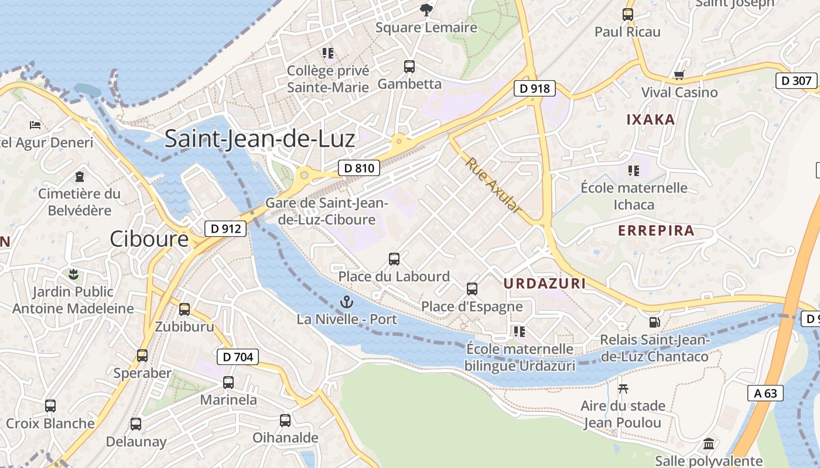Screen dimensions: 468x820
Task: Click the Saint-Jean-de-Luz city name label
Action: click(259, 139)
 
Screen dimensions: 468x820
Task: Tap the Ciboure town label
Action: click(149, 239)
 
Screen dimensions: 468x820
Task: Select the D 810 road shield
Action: click(359, 168)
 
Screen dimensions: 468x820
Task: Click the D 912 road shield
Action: click(225, 228)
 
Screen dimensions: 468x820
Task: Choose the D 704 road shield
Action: click(237, 356)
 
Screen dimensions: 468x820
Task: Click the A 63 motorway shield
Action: click(766, 393)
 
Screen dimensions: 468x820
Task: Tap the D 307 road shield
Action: click(797, 80)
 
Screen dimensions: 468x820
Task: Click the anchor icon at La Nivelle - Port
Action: click(347, 302)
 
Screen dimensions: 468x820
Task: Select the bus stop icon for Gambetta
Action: click(409, 67)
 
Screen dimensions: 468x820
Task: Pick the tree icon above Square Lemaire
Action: click(426, 9)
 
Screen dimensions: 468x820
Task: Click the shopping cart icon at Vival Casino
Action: click(679, 75)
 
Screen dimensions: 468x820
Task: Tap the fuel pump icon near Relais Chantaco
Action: click(654, 322)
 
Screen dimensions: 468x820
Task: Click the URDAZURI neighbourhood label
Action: click(545, 284)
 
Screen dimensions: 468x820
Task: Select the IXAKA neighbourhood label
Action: click(651, 119)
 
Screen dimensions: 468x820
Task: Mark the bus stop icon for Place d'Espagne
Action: click(471, 288)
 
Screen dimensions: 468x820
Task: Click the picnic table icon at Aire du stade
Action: click(623, 388)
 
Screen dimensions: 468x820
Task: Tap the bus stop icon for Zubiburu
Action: click(184, 309)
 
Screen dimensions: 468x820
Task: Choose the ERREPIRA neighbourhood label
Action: click(656, 230)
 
